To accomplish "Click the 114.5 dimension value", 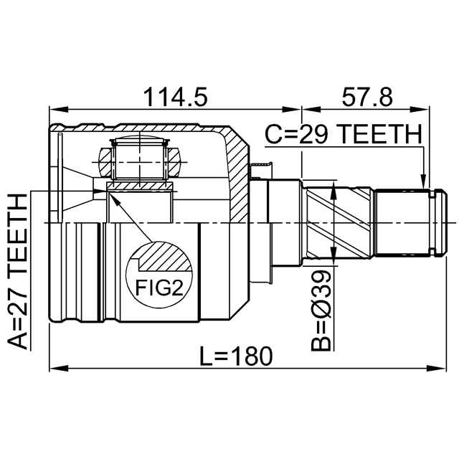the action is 175,97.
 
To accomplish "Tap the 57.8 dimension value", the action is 367,97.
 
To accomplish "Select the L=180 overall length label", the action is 236,356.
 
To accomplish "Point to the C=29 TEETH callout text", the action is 344,134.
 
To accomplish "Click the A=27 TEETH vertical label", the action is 17,272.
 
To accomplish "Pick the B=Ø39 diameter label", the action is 321,311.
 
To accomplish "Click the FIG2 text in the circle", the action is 159,288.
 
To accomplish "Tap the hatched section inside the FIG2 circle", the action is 166,256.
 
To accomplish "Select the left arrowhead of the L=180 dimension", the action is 59,368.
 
